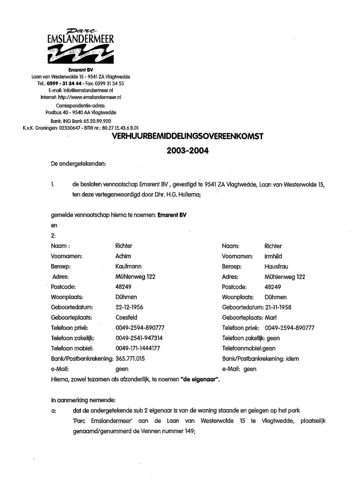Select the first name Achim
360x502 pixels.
pyautogui.click(x=123, y=256)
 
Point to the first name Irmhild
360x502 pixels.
pyautogui.click(x=273, y=256)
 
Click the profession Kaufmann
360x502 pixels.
pyautogui.click(x=128, y=266)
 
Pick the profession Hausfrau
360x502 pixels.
pyautogui.click(x=276, y=266)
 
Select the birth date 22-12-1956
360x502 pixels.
pyautogui.click(x=129, y=307)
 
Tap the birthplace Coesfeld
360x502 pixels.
pyautogui.click(x=127, y=318)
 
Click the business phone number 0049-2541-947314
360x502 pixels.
pyautogui.click(x=139, y=338)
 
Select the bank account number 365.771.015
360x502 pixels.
pyautogui.click(x=130, y=359)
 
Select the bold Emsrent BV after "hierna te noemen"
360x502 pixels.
pyautogui.click(x=172, y=215)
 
